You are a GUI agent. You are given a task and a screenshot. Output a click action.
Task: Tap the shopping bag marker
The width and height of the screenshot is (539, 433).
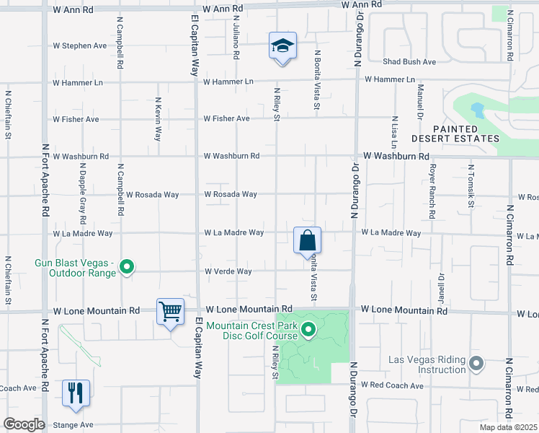pyautogui.click(x=307, y=240)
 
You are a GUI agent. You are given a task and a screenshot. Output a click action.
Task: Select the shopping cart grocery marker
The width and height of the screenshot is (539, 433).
pyautogui.click(x=171, y=312)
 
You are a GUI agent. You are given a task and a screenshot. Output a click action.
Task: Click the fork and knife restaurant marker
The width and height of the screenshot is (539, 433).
pyautogui.click(x=76, y=393)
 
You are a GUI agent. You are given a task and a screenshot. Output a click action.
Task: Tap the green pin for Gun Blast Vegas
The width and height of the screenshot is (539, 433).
pyautogui.click(x=127, y=268)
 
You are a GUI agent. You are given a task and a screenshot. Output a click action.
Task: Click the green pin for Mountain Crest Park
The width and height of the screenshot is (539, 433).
pyautogui.click(x=308, y=331)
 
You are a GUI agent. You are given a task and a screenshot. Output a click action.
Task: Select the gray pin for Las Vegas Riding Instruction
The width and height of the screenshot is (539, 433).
pyautogui.click(x=476, y=363)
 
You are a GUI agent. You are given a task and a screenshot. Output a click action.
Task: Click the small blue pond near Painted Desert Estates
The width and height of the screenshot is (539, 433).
pyautogui.click(x=476, y=110)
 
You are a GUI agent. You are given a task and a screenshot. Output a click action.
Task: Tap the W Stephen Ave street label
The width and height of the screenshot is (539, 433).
pyautogui.click(x=80, y=45)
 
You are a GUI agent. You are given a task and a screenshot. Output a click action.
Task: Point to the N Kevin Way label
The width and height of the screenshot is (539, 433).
pyautogui.click(x=158, y=114)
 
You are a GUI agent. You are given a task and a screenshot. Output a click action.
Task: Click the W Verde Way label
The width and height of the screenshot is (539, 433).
pyautogui.click(x=228, y=271)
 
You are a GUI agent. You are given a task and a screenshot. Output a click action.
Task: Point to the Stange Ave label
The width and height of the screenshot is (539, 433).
pyautogui.click(x=72, y=425)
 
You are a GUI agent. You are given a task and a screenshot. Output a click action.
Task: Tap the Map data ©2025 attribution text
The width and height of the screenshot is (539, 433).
pyautogui.click(x=507, y=427)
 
